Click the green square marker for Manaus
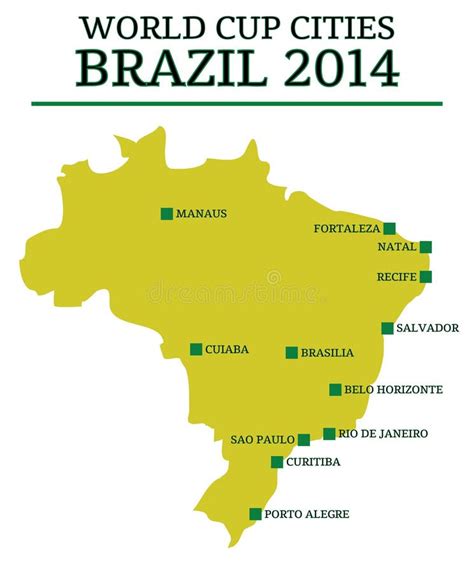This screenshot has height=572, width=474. (166, 213)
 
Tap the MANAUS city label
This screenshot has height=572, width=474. (202, 213)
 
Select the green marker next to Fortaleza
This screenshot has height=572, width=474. (389, 228)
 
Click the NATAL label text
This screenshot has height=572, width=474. (396, 247)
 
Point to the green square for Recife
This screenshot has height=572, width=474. (425, 276)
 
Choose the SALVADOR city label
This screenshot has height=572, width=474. (427, 328)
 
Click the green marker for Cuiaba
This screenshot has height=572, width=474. (196, 349)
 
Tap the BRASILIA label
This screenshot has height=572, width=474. (327, 353)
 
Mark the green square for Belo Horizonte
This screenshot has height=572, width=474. (335, 390)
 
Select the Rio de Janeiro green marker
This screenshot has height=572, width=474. (329, 434)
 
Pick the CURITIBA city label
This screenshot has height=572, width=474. (313, 462)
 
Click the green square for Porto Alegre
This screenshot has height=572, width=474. (255, 514)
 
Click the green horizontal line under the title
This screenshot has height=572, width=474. (236, 103)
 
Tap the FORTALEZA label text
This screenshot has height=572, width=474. (347, 229)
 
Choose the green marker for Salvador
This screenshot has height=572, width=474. (387, 328)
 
